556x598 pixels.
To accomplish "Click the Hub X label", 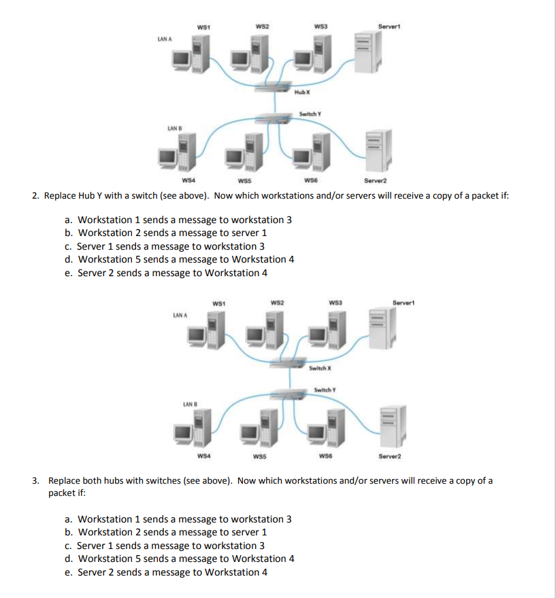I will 303,91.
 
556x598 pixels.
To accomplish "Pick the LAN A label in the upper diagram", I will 164,39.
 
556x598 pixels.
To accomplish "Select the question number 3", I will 35,480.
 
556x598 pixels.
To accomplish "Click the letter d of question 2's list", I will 68,259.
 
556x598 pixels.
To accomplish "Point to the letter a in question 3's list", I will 68,519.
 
